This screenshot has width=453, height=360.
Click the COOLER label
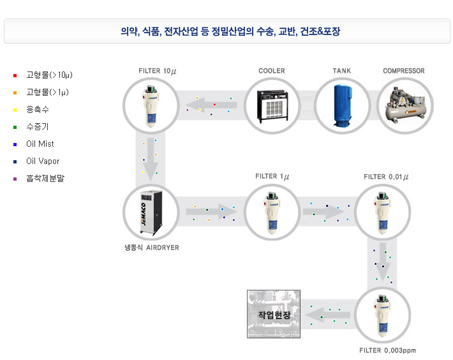pos(272,71)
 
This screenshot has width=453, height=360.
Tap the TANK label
pos(341,71)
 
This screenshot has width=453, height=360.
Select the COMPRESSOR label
pos(403,71)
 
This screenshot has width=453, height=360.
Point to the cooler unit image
pos(272,105)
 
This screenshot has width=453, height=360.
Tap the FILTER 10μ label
pos(157,71)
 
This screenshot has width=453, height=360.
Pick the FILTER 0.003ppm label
pos(387,350)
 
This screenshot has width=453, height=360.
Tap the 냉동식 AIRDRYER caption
pos(152,247)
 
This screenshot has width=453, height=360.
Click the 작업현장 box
pos(274,314)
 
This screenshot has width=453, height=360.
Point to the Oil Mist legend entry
pos(40,144)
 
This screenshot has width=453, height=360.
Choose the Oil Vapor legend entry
pos(42,161)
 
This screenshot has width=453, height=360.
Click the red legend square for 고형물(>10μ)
pos(15,75)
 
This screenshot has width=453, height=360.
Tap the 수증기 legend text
pos(38,127)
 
